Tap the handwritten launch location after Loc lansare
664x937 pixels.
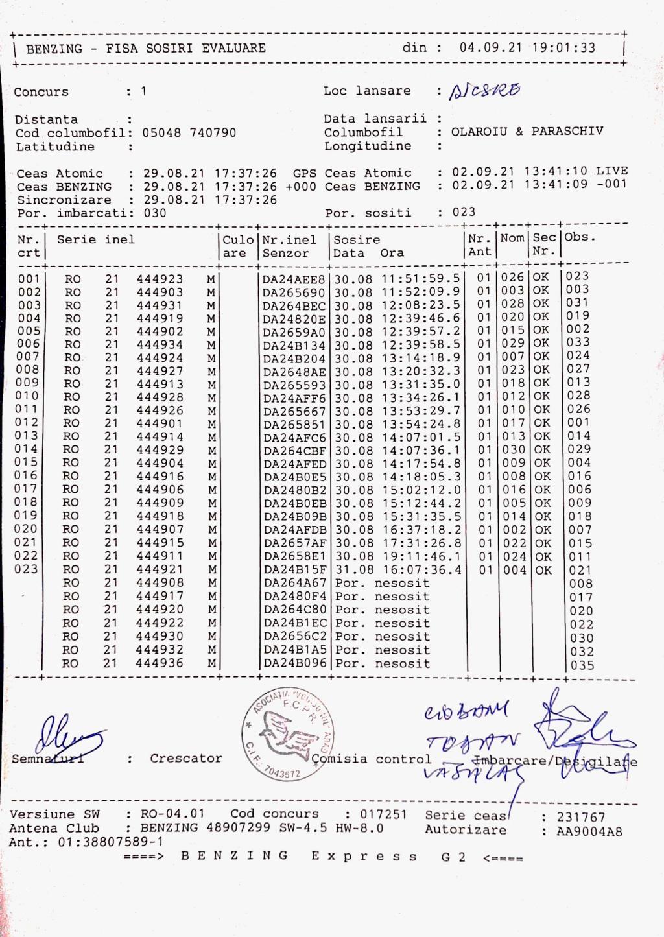486,91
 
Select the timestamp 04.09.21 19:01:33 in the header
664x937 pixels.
527,47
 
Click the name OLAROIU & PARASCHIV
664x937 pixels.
527,132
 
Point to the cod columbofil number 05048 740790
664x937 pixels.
189,133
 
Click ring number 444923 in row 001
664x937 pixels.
160,279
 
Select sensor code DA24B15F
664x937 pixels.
295,570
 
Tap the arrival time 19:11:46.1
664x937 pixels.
422,556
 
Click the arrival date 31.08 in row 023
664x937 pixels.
353,570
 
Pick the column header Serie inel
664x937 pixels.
96,239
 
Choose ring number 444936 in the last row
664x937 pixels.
160,663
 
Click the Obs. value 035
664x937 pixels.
582,665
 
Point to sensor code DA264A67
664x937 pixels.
295,583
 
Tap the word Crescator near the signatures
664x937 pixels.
186,758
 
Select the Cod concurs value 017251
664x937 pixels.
384,814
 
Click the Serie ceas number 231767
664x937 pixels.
581,817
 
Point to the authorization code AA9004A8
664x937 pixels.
589,831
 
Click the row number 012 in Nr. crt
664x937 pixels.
29,423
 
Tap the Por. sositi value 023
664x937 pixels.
464,212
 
